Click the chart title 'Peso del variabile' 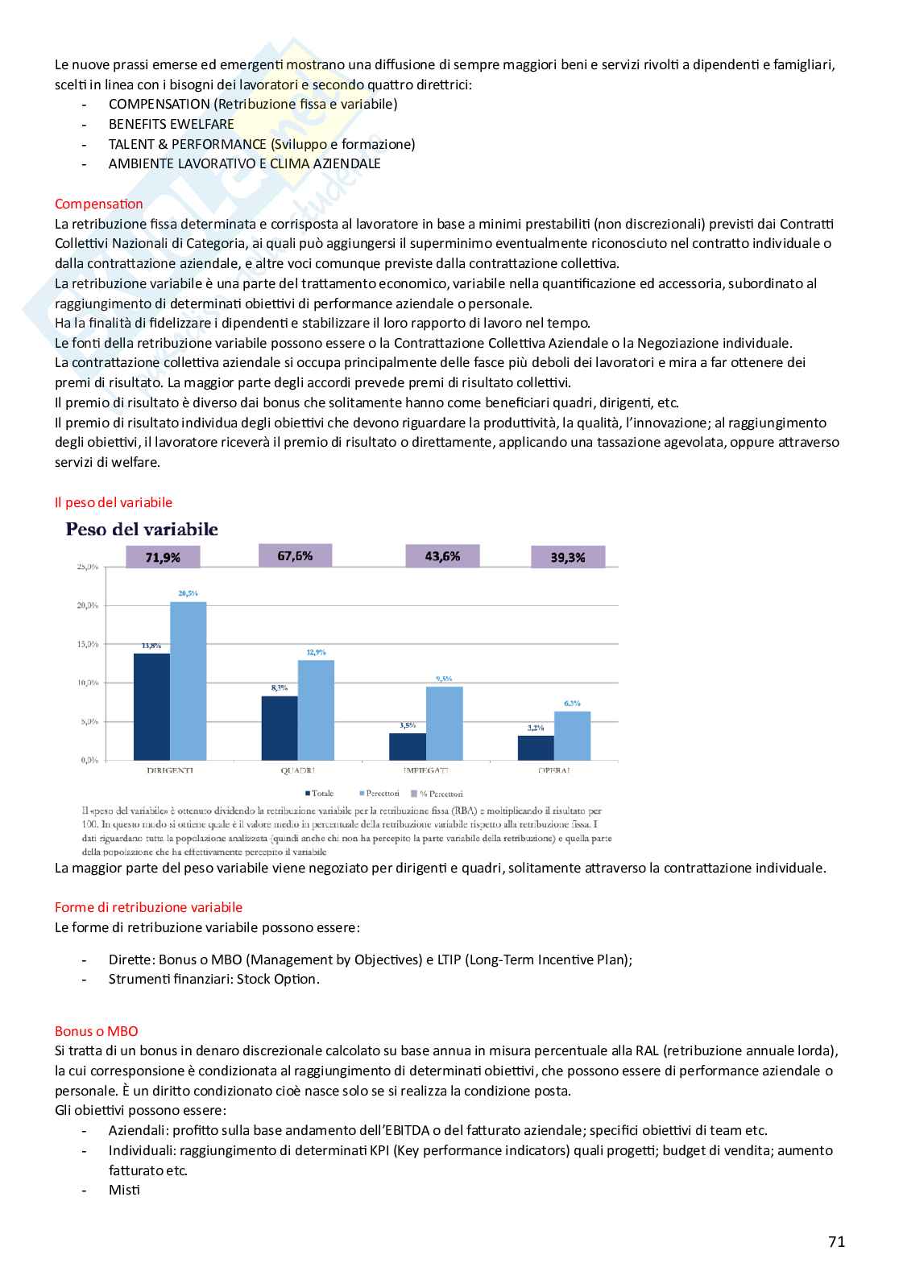point(142,529)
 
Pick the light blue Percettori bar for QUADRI point(316,710)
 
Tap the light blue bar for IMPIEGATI point(445,723)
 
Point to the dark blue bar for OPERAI point(536,748)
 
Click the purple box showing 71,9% point(163,557)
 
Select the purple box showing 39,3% point(568,557)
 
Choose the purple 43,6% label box point(442,556)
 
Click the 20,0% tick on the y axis point(88,605)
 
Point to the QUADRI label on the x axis point(297,770)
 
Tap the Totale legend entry point(319,794)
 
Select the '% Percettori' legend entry point(437,794)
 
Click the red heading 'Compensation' point(99,204)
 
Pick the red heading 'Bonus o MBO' point(97,1031)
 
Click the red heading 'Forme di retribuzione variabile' point(148,907)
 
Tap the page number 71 point(837,1241)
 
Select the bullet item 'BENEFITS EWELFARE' point(172,124)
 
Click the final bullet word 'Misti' point(124,1190)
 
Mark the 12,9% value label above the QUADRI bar point(317,652)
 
